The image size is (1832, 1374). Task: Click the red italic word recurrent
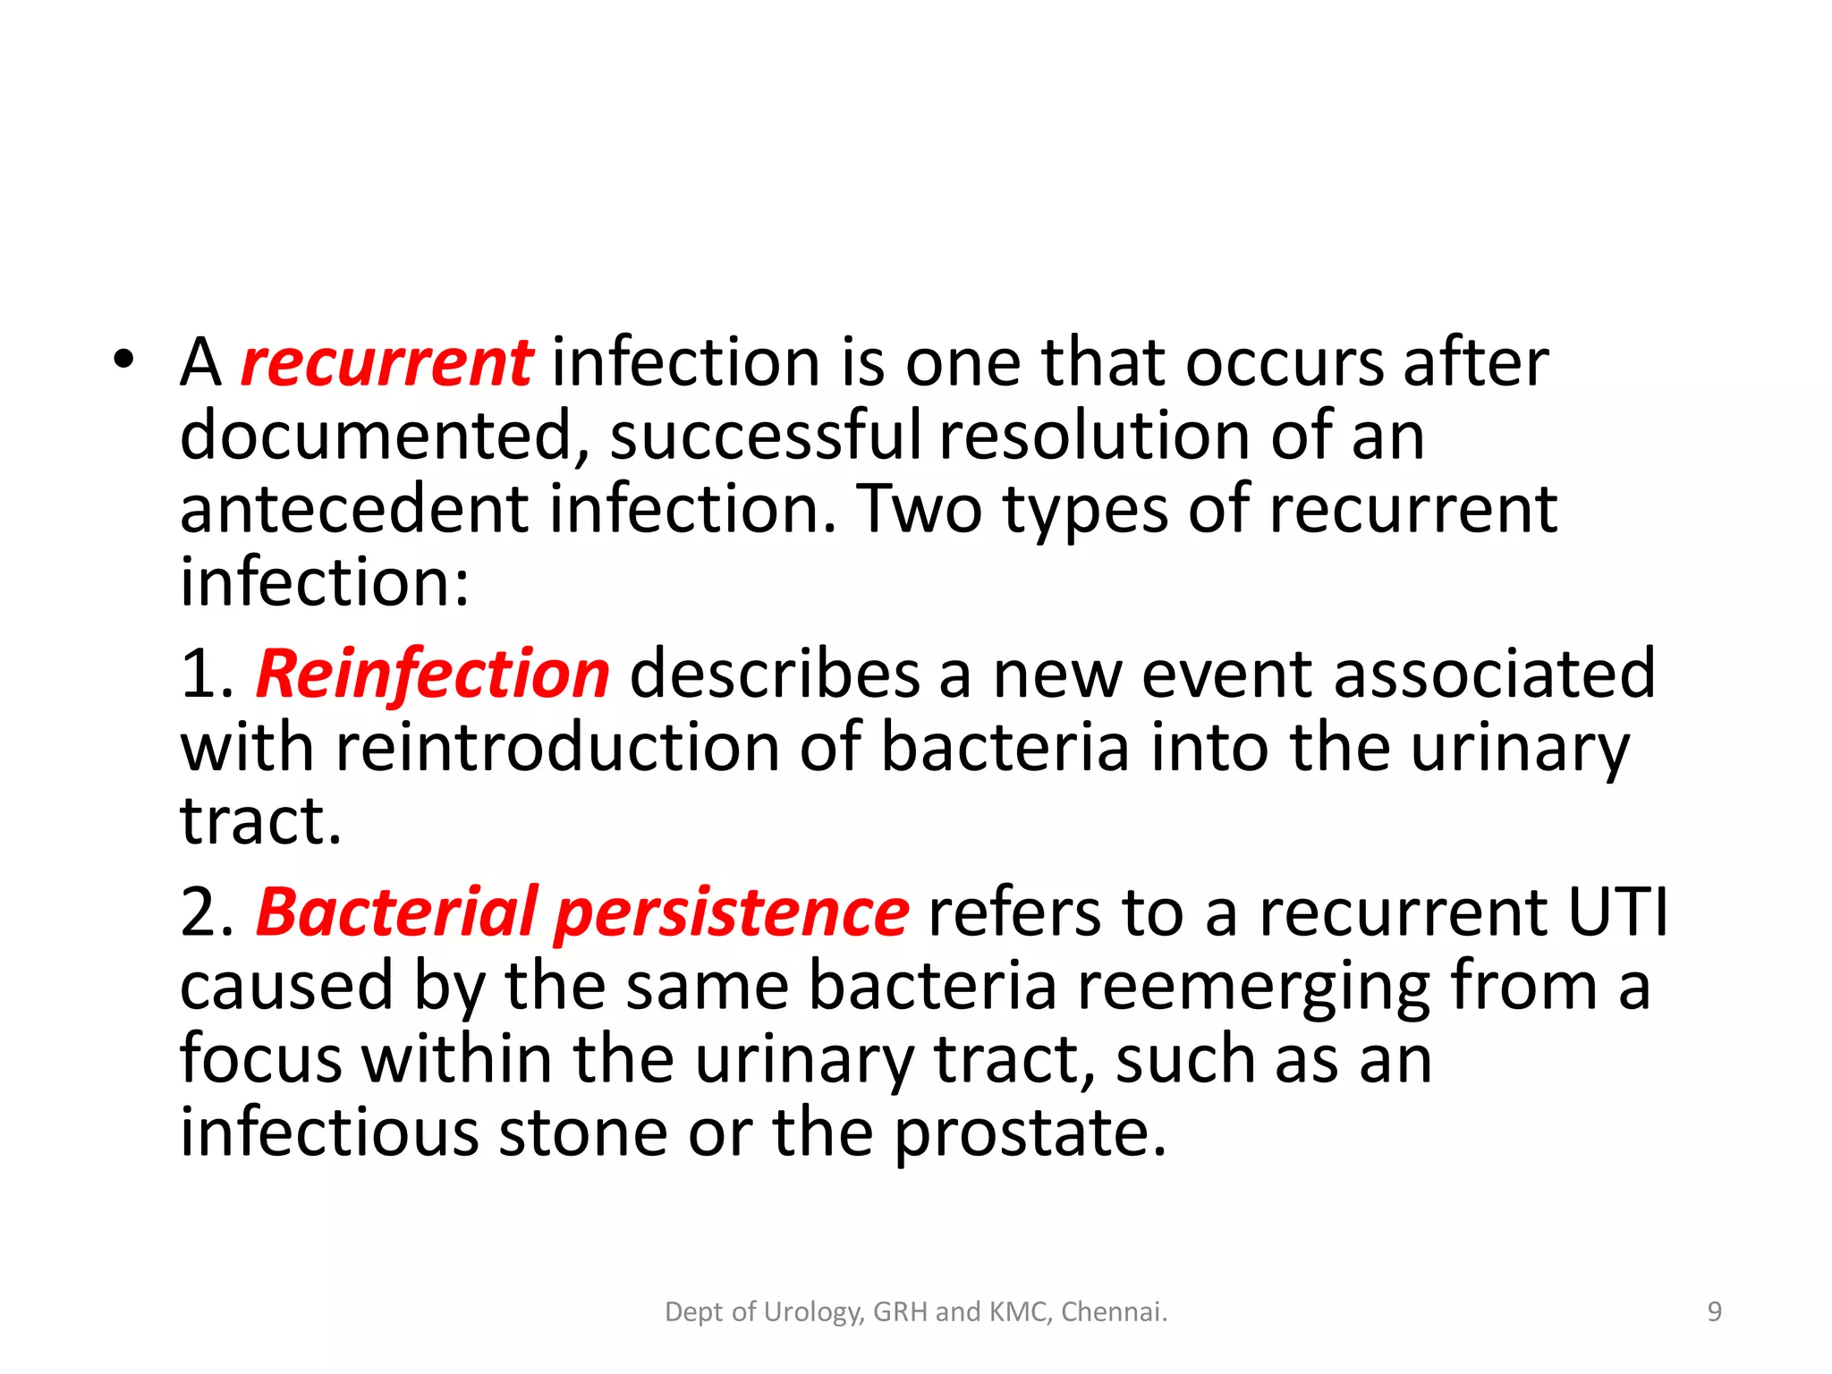[x=386, y=364]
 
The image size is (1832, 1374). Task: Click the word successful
[x=765, y=437]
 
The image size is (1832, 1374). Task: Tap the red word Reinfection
[x=433, y=674]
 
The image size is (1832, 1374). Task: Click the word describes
[x=775, y=674]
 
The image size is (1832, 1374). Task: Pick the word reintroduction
[x=557, y=748]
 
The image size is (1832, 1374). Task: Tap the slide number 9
[x=1714, y=1312]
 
